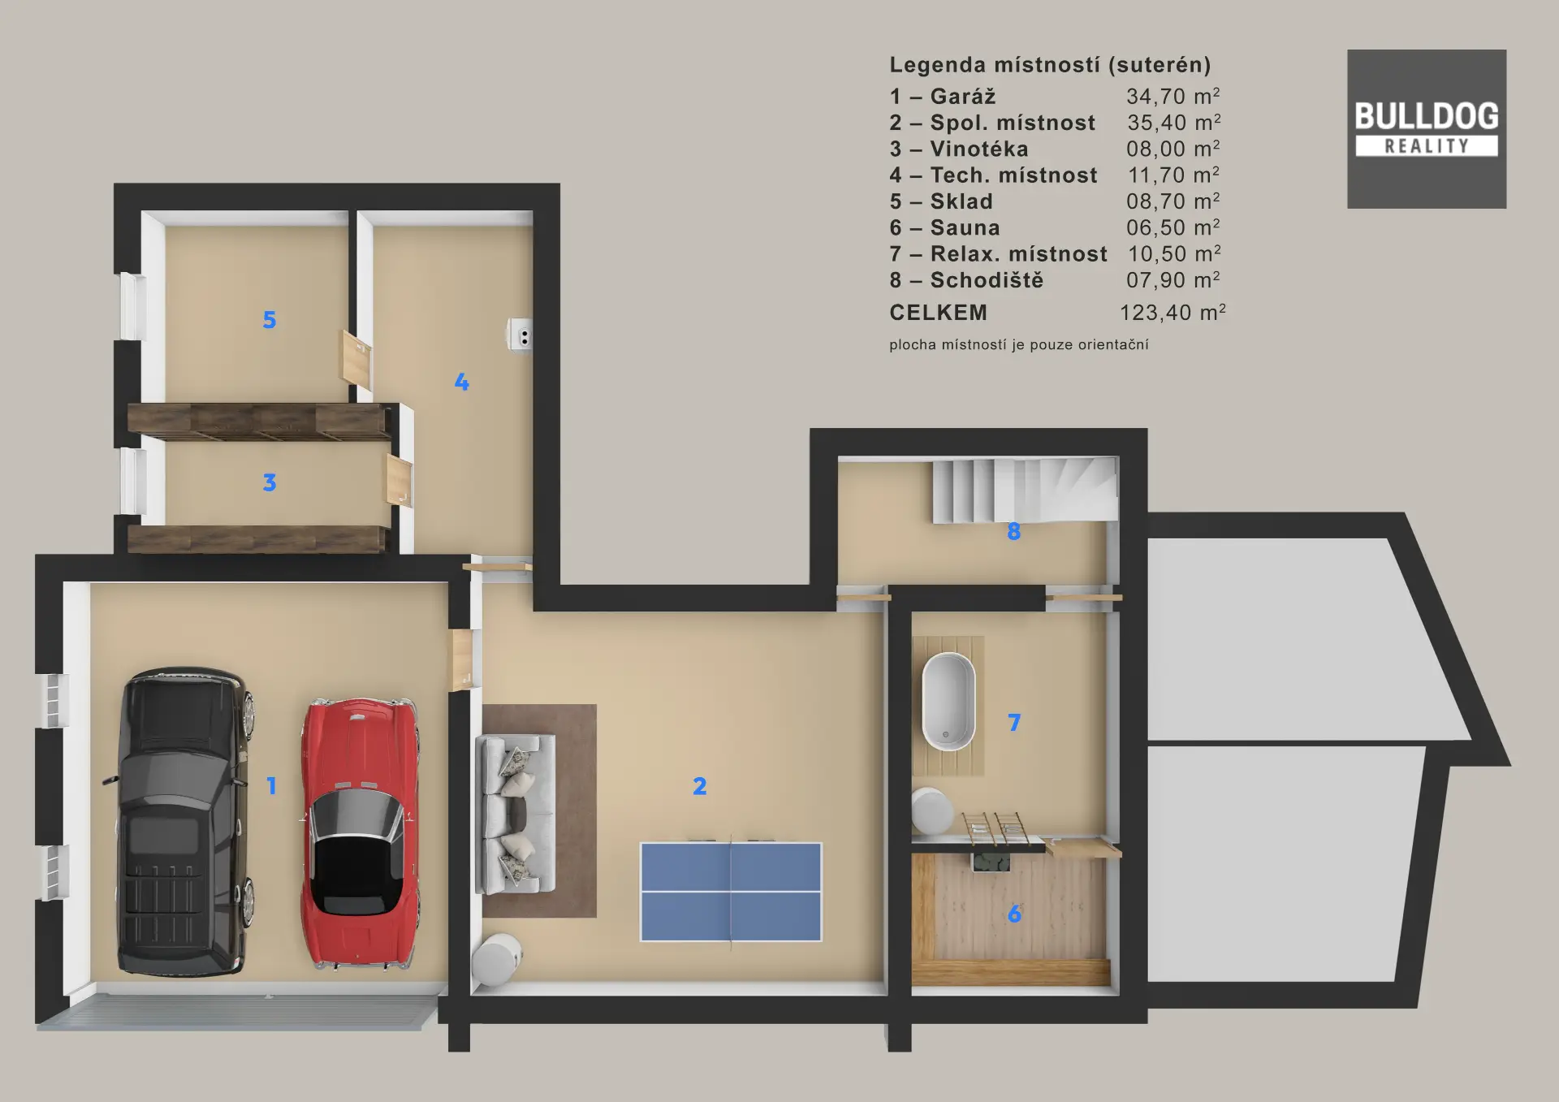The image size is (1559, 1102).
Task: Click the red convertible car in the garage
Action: click(x=361, y=833)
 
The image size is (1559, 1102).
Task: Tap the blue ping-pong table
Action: click(x=731, y=892)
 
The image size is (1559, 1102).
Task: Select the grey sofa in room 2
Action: click(x=515, y=814)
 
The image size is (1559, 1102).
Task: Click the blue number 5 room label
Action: click(x=270, y=320)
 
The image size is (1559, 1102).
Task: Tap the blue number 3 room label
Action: click(x=270, y=483)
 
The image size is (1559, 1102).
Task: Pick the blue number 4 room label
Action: click(x=462, y=382)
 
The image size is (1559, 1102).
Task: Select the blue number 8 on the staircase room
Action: click(x=1013, y=532)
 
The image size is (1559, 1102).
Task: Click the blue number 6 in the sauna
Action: click(x=1014, y=914)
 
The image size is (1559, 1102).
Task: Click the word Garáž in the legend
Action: click(x=963, y=97)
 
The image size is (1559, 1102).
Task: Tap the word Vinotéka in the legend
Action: click(x=979, y=149)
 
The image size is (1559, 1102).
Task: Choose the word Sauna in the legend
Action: click(x=965, y=228)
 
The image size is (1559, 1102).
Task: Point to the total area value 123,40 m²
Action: click(x=1172, y=313)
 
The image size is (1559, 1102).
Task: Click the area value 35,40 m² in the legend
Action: click(x=1173, y=123)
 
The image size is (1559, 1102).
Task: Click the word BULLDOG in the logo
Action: click(x=1427, y=116)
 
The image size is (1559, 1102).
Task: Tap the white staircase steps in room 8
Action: click(x=1025, y=490)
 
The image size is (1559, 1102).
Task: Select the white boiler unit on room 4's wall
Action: click(x=520, y=335)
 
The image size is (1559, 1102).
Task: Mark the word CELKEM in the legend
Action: click(x=938, y=313)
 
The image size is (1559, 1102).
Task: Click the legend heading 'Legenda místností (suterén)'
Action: click(x=1050, y=65)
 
